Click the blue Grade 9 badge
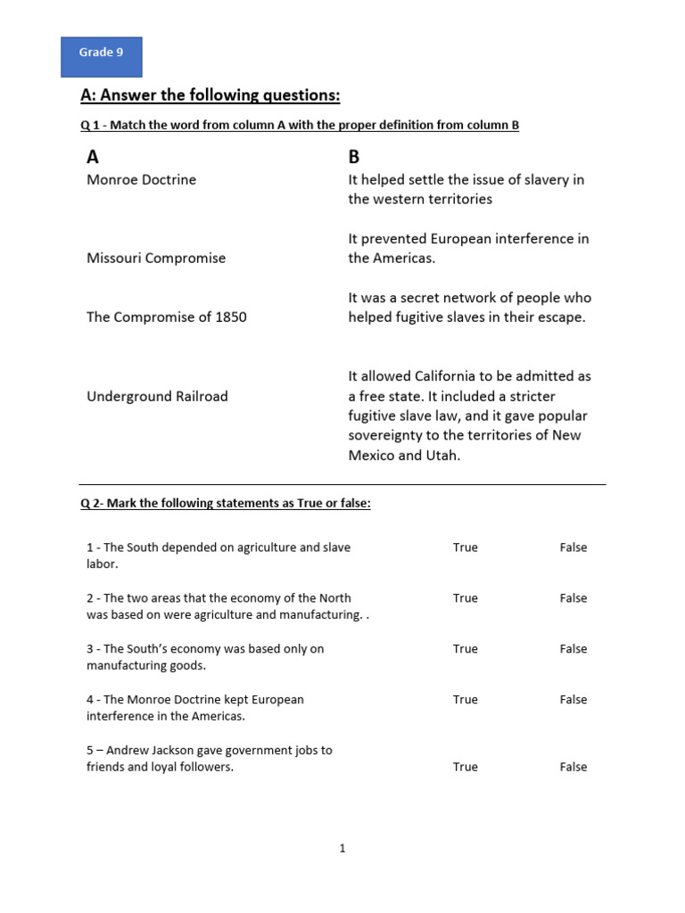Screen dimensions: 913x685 101,57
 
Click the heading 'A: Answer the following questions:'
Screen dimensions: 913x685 210,95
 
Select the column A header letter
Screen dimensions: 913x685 93,157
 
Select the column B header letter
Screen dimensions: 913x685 354,157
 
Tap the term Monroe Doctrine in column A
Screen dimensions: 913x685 141,179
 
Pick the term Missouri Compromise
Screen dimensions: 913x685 156,258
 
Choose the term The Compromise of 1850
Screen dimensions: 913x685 167,317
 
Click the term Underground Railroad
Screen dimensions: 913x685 157,396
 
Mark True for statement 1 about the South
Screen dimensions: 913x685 465,547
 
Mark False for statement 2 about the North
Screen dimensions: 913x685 574,598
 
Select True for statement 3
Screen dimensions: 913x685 465,649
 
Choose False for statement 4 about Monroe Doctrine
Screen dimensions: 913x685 574,700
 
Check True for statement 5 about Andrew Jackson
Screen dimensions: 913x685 465,767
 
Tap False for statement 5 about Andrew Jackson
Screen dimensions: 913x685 574,767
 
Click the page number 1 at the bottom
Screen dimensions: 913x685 342,849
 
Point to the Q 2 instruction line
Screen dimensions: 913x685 226,503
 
